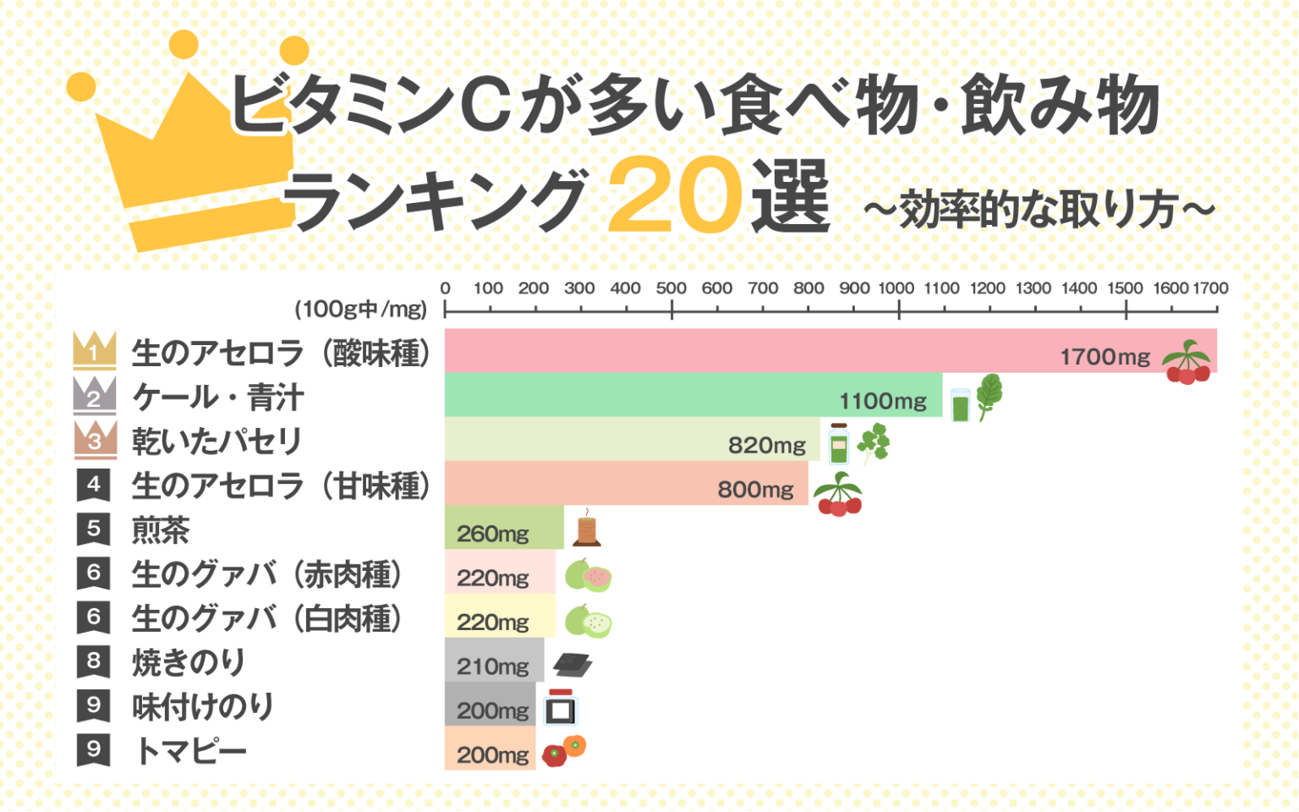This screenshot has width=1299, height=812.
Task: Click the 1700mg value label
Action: (1104, 357)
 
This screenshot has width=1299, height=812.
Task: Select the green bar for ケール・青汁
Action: (693, 395)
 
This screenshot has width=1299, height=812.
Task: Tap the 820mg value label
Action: (767, 445)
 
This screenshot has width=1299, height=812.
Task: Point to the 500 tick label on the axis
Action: (671, 288)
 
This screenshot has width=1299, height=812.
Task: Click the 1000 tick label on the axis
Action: (896, 288)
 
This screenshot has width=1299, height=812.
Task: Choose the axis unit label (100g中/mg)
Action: (361, 310)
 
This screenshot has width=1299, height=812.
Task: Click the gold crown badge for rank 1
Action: (94, 349)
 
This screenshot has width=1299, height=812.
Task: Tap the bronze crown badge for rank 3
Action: (94, 438)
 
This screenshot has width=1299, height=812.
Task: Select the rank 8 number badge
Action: (93, 661)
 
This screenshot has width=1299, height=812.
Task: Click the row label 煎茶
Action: (161, 530)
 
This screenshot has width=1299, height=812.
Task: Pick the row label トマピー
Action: (191, 750)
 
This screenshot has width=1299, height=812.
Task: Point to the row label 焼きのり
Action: (189, 662)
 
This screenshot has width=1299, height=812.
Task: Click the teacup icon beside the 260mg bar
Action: (586, 529)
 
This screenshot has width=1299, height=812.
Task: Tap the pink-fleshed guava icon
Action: (589, 575)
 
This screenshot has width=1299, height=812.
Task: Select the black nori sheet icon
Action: (573, 665)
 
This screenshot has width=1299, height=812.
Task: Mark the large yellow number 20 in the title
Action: (674, 197)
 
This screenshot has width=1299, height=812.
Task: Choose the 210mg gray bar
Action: (494, 661)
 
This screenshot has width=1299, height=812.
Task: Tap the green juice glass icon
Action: (960, 404)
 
